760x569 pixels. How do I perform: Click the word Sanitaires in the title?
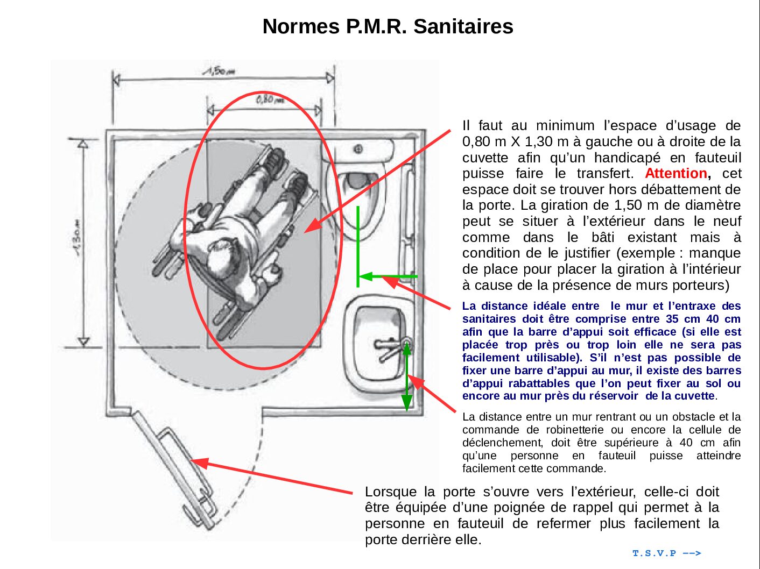pos(463,26)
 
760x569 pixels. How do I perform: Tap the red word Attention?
pos(676,174)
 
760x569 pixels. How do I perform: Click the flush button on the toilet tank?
pos(357,149)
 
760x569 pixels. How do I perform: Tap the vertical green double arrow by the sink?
pos(407,376)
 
